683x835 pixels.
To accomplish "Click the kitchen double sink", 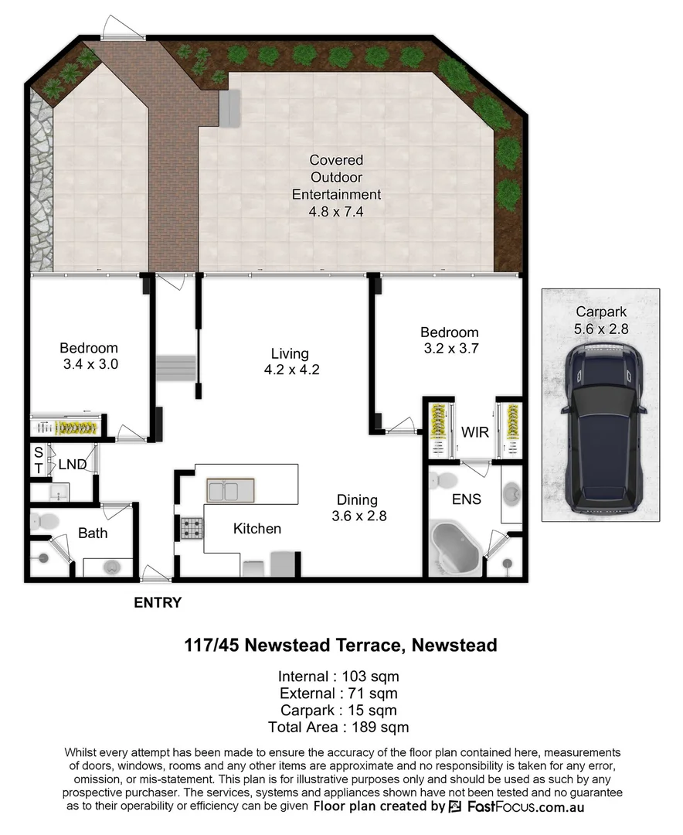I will coord(230,490).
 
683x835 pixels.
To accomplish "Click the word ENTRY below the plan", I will coord(158,603).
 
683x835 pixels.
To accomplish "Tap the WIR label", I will coord(476,432).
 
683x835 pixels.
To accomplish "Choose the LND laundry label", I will coord(72,464).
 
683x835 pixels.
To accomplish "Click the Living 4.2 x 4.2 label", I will coord(291,362).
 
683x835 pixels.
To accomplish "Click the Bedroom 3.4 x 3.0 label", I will coord(89,355).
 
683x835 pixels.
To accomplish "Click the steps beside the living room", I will coord(175,366).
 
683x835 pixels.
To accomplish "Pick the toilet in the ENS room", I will coord(443,480).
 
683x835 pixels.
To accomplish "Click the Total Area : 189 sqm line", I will coord(338,727).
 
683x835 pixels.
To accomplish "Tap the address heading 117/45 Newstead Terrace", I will coord(340,645).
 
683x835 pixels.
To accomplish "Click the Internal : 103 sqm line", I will coord(338,676).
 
